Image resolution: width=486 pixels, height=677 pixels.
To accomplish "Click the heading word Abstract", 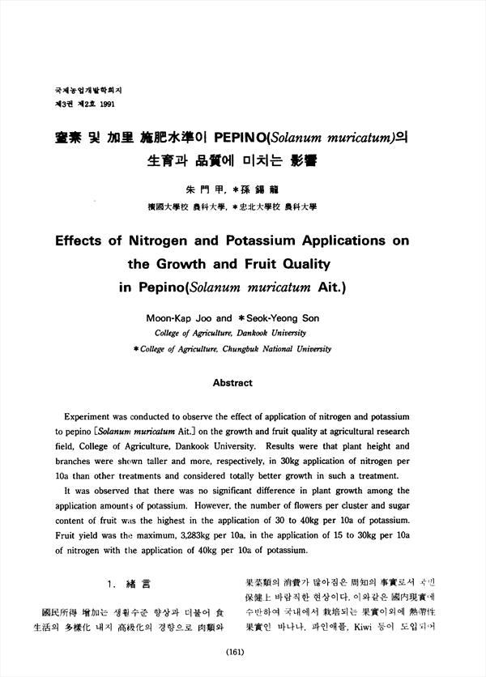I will click(232, 382).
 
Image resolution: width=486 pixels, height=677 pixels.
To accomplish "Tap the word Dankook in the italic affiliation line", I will click(246, 333).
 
